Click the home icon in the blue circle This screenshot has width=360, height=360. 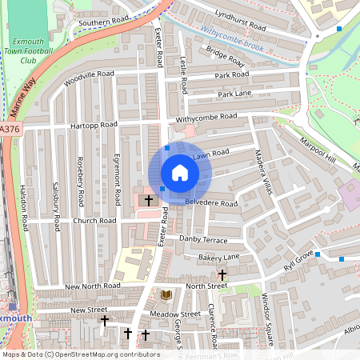click(x=179, y=173)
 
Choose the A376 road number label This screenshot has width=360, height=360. click(x=9, y=128)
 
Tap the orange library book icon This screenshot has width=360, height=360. click(x=166, y=295)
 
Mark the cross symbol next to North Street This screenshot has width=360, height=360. click(x=222, y=275)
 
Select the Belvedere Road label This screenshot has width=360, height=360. click(x=212, y=203)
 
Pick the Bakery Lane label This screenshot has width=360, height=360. click(x=219, y=256)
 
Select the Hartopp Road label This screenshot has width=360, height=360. click(x=94, y=126)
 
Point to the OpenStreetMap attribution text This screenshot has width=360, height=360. click(x=81, y=354)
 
